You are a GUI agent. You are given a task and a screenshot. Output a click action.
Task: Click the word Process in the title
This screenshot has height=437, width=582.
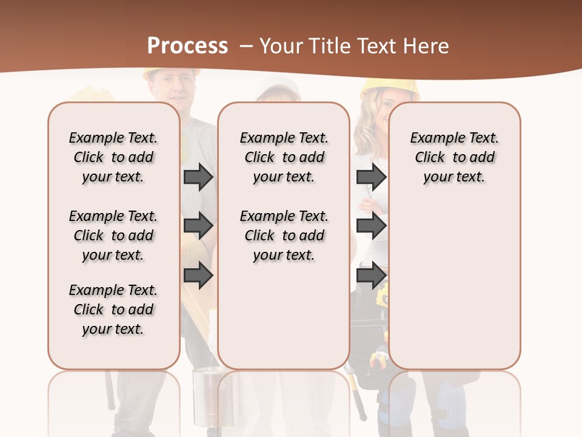187,46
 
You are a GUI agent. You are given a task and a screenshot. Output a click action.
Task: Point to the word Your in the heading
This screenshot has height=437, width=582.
281,46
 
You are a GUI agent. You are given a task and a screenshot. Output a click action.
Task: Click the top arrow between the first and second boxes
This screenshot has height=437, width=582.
198,177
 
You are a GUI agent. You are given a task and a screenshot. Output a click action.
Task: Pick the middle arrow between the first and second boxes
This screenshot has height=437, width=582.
198,226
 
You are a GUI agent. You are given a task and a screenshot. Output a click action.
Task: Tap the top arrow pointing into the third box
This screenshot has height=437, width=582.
371,177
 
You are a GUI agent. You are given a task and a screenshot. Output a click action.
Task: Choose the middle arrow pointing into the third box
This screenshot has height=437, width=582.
371,226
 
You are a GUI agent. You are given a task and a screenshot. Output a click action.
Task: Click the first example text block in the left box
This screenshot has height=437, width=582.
113,157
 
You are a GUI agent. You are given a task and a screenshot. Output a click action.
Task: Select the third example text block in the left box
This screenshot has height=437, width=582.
113,310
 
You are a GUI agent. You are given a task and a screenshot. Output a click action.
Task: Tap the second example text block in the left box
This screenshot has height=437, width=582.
113,235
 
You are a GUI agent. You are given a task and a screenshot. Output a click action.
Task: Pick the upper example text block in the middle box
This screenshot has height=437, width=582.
284,157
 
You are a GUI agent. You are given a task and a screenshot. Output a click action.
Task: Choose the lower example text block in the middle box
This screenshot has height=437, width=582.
284,235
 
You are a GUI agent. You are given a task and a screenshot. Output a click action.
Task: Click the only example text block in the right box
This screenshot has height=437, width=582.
454,157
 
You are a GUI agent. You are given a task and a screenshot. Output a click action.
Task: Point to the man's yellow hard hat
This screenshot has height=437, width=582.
172,73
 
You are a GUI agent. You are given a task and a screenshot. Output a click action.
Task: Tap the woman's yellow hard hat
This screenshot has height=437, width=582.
390,88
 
